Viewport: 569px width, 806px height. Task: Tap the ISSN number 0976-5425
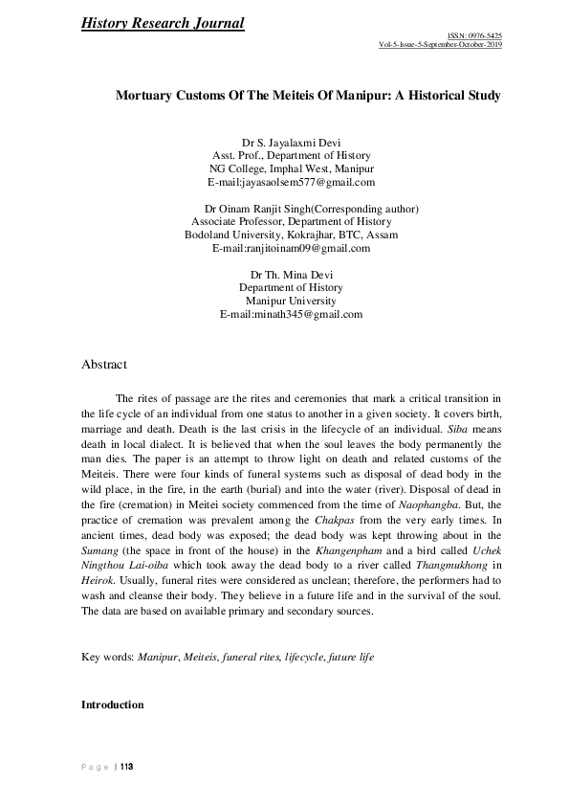(x=482, y=35)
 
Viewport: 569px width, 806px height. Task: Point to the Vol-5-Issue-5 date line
(x=440, y=45)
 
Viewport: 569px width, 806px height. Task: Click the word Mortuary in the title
(x=148, y=97)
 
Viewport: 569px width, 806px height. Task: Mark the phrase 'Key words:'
(x=108, y=659)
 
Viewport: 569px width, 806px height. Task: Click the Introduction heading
(x=113, y=705)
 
